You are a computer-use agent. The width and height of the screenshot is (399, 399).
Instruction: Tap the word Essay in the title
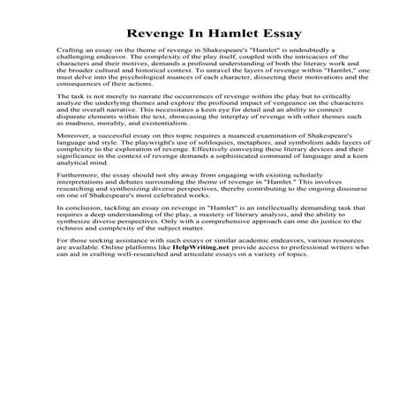tap(280, 34)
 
